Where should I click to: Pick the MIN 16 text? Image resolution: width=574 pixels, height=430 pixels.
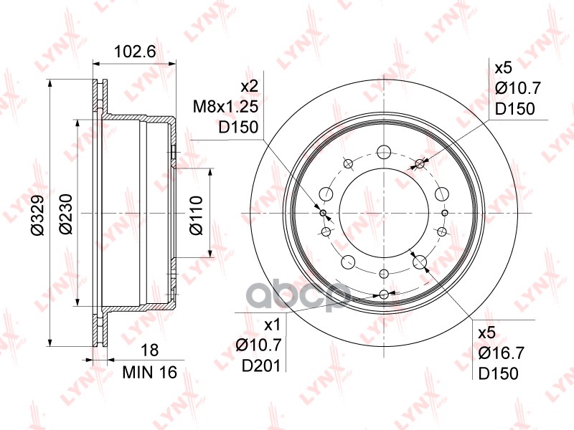(x=149, y=373)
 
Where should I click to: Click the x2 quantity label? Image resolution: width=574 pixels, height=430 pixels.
(x=248, y=87)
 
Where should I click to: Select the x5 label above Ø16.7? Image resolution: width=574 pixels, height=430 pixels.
(x=488, y=333)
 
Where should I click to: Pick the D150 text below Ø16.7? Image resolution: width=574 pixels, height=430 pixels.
(x=498, y=374)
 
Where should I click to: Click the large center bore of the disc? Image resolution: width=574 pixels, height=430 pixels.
(x=385, y=213)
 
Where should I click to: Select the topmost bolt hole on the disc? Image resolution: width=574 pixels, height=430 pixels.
(x=385, y=152)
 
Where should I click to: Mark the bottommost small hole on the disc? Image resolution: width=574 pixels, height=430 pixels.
(x=385, y=294)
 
